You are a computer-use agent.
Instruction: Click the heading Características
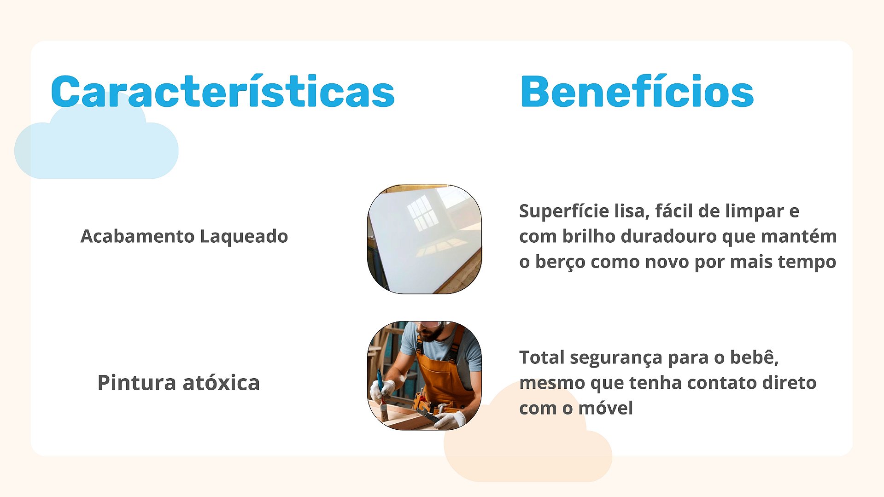[x=222, y=91]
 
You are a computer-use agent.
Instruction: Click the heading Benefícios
[x=637, y=91]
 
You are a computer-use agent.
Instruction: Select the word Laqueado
[x=244, y=236]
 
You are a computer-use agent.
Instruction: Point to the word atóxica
[x=221, y=382]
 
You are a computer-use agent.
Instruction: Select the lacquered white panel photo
[x=424, y=239]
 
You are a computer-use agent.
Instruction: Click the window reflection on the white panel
[x=422, y=212]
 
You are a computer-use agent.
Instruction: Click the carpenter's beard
[x=433, y=333]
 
